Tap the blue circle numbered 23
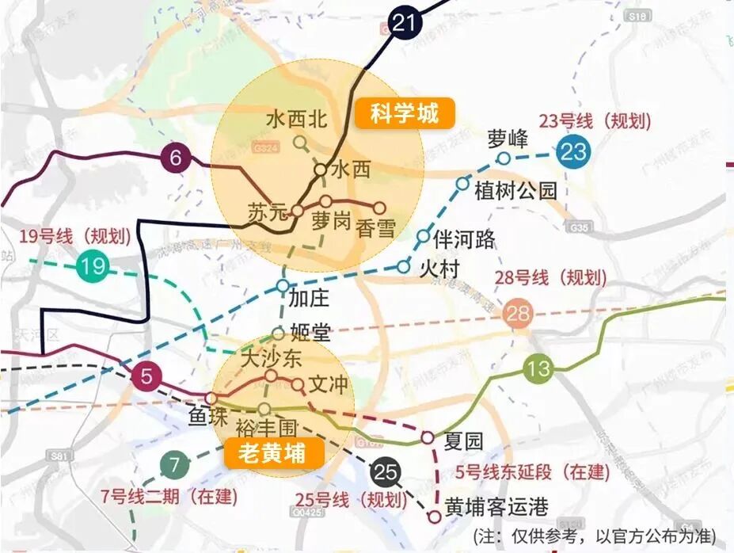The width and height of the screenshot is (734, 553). pos(572,151)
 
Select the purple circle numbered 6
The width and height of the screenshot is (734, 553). pos(176,159)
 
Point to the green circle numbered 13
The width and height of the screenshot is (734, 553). pos(538,369)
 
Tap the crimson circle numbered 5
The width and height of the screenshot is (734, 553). pos(146,376)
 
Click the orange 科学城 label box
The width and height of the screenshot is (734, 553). pos(405,114)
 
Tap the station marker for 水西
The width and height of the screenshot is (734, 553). pos(321,169)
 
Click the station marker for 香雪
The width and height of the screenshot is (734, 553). pos(379,208)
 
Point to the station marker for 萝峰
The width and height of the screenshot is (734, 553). pos(504,158)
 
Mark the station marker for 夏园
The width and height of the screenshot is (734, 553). pos(427,437)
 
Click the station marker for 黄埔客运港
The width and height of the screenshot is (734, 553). pos(434,517)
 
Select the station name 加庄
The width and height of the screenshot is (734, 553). pos(310,299)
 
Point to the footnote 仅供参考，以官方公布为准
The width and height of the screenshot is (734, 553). pos(600,535)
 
